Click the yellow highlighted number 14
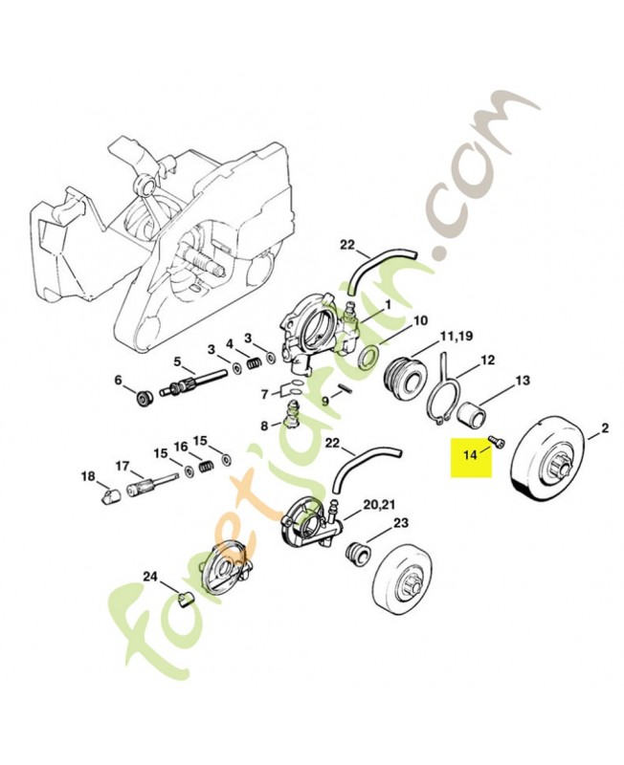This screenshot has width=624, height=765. pos(470,455)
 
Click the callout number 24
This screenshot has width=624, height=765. pos(150,576)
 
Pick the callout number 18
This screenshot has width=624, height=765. pos(89,476)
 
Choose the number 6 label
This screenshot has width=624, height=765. pos(120,381)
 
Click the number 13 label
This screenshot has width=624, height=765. pos(522,381)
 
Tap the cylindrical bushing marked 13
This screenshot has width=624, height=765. pos(474,415)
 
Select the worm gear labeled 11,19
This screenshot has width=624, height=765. pos(406,379)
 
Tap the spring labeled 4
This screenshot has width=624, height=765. pos(253,363)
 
